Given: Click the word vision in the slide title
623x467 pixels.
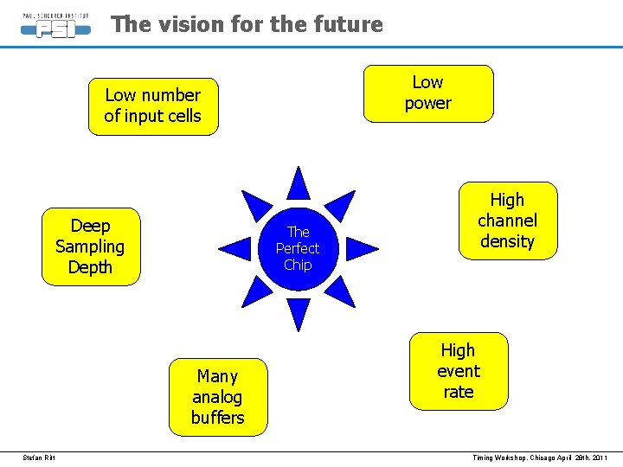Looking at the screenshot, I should [193, 24].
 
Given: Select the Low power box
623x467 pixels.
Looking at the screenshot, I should [428, 93].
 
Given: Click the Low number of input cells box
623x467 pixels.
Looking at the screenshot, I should [153, 106].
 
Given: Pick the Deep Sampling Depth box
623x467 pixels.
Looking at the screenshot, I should [90, 246].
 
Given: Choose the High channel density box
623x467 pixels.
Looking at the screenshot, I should [508, 221].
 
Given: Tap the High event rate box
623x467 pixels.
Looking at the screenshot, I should [459, 371].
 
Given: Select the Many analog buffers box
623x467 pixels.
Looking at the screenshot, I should [218, 397].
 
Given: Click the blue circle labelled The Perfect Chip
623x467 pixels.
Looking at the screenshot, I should [298, 248].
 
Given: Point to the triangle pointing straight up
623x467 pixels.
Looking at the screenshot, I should [299, 184].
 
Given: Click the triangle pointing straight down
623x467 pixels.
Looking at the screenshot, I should [299, 314].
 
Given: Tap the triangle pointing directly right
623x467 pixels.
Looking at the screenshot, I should [361, 249].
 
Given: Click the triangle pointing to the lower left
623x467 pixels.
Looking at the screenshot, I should [257, 291].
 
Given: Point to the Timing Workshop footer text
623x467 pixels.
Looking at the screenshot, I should [540, 457].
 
